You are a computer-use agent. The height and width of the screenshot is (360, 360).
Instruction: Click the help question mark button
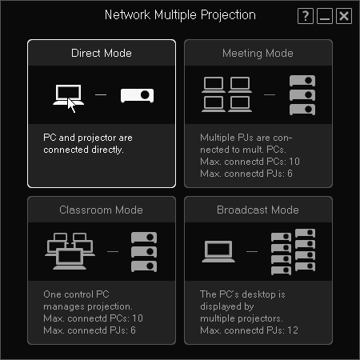click(305, 16)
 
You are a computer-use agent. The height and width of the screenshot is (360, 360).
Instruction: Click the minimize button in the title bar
click(324, 16)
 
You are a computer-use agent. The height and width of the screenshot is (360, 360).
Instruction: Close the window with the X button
click(343, 16)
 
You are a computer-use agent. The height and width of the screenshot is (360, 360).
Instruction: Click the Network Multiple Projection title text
click(180, 15)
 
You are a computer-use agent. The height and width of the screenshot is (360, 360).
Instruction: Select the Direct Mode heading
click(102, 53)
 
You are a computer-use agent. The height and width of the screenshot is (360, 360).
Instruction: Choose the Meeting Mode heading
click(258, 53)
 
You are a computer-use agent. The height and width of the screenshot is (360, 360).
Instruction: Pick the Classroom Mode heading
click(102, 210)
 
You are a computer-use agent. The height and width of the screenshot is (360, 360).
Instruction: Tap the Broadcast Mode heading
click(258, 210)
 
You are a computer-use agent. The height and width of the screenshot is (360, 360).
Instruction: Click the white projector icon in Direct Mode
click(136, 95)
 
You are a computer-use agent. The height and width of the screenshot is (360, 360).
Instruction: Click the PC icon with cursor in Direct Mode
click(66, 96)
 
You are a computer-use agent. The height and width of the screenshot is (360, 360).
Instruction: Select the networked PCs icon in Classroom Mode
click(70, 251)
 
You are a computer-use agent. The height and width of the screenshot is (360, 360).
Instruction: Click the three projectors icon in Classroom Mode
click(143, 252)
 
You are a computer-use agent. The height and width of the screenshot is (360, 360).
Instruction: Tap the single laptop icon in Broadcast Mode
click(219, 251)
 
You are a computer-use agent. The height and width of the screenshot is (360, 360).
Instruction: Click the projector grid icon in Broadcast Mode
click(293, 251)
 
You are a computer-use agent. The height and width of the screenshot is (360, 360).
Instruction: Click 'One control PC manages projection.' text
click(89, 300)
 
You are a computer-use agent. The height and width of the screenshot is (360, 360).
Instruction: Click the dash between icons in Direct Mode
click(101, 95)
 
